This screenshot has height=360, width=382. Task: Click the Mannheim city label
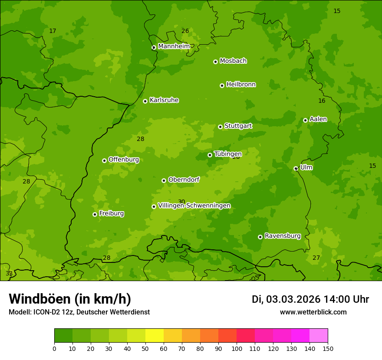174,46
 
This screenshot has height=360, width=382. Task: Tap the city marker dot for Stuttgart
220,127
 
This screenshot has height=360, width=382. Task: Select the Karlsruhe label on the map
164,100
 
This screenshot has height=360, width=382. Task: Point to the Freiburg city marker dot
95,214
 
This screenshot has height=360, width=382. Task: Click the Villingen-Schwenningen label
194,206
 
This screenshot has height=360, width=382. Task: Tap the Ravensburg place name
283,236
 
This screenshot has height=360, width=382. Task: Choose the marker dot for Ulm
296,168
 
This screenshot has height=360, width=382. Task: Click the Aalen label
318,119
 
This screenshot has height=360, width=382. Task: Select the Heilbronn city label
241,85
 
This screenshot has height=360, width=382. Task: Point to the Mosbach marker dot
215,62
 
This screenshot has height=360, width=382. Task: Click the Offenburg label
124,160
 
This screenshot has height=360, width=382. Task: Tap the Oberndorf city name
184,180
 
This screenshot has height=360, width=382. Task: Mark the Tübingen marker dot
210,155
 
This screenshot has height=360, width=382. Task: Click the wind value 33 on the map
9,274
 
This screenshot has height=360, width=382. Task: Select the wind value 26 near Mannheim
185,31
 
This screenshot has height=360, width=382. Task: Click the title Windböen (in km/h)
70,299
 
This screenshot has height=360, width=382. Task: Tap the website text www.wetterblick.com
313,312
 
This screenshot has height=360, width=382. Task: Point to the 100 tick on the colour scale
237,348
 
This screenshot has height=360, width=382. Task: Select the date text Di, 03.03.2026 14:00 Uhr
310,299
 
